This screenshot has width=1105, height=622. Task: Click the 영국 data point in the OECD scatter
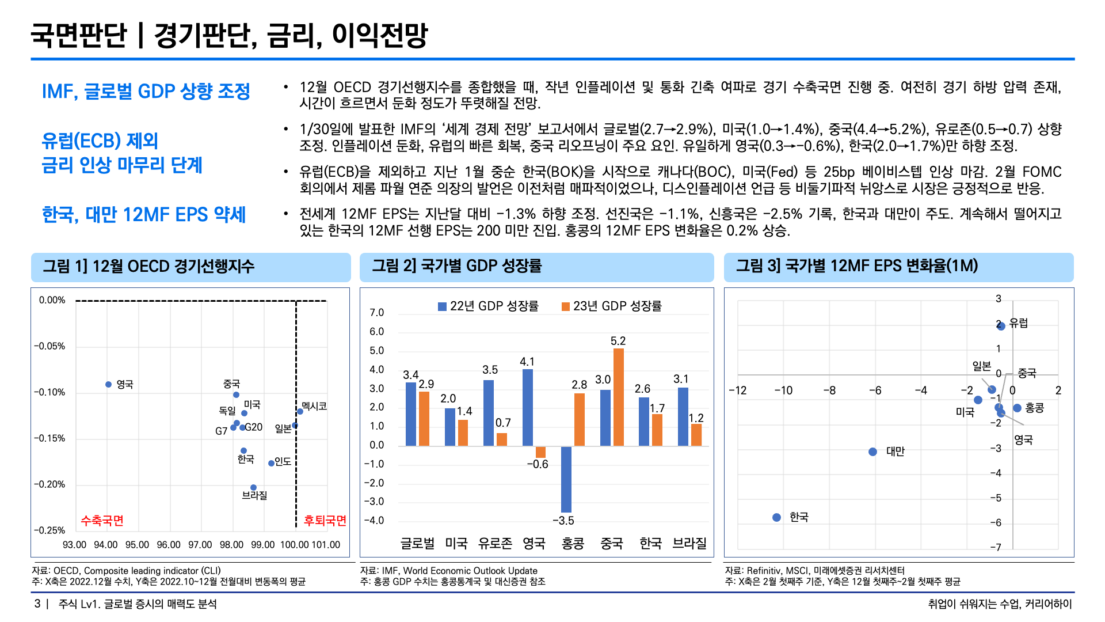click(108, 384)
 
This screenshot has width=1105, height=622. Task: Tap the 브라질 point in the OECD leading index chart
click(253, 487)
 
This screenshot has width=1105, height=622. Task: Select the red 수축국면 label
click(102, 521)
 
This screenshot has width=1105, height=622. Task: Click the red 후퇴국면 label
click(325, 521)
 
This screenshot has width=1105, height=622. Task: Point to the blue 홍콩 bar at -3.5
click(566, 479)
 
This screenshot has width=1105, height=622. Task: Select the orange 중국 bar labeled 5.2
click(618, 397)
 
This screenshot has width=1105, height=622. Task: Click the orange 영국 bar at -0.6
click(540, 452)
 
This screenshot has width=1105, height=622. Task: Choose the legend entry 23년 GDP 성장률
click(611, 306)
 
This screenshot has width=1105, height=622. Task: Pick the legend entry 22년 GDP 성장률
click(488, 306)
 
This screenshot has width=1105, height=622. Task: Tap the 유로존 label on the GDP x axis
click(495, 543)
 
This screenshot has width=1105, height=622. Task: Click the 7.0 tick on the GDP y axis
click(376, 313)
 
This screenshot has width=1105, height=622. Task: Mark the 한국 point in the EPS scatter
click(776, 517)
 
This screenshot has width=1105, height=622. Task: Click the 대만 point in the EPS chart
click(872, 452)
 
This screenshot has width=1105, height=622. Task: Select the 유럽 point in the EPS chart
click(1001, 326)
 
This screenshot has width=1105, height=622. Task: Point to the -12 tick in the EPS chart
click(737, 390)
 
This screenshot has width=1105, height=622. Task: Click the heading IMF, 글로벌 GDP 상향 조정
click(146, 91)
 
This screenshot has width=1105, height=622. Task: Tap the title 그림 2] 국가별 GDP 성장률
click(456, 266)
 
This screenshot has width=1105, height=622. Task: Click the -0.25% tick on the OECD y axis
click(49, 530)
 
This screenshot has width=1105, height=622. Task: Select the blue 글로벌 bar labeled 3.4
click(411, 414)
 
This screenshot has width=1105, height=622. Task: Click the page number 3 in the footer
click(37, 604)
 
